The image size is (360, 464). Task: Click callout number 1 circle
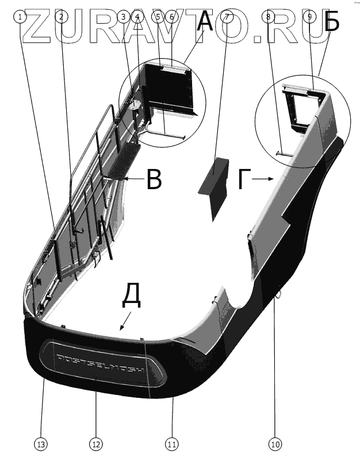[21, 17]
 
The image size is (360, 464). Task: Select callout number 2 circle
[61, 17]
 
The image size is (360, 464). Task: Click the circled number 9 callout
[309, 17]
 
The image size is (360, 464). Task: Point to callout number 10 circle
[275, 444]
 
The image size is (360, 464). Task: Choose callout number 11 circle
[171, 444]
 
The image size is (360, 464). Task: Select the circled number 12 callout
[95, 444]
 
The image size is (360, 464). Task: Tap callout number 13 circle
[42, 444]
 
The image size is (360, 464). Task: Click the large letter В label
[153, 179]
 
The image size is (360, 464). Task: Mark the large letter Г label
[244, 179]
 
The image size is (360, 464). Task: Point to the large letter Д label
[131, 298]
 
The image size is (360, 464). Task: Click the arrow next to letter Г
[263, 179]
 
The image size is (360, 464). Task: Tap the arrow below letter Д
[125, 322]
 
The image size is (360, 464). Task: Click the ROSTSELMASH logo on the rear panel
[101, 364]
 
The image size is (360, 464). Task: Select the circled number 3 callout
[122, 17]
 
